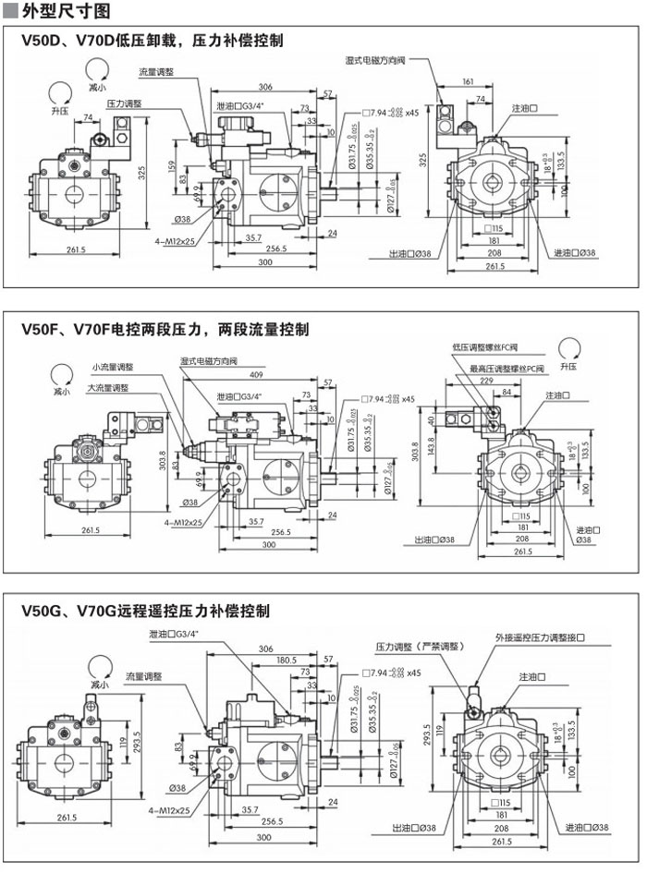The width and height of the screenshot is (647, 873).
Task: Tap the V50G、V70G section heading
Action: point(145,611)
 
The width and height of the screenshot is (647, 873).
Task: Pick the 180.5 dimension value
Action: point(287,660)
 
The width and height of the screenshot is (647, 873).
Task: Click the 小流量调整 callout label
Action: point(113,367)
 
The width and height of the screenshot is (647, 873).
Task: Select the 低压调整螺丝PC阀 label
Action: point(485,347)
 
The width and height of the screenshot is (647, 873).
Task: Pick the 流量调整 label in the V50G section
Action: point(143,676)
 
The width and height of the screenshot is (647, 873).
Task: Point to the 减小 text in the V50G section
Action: point(99,685)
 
